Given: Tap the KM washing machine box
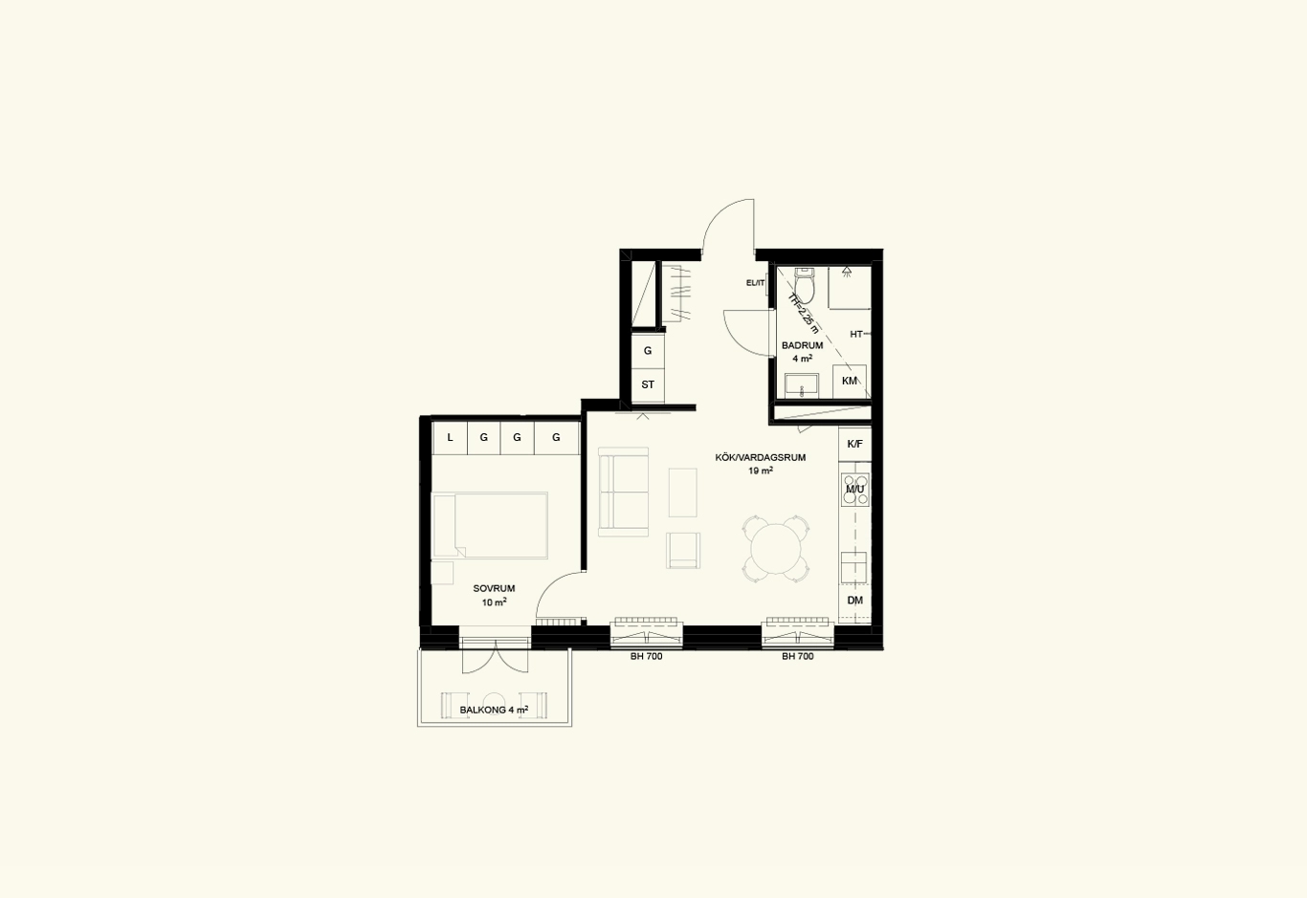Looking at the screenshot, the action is pos(850,382).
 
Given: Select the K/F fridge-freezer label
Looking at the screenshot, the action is pos(854,444).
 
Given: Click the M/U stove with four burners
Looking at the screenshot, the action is pos(854,490).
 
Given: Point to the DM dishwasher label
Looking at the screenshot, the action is pos(854,600).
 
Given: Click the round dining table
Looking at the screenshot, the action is pos(775,549).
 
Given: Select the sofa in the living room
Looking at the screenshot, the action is pos(623,492).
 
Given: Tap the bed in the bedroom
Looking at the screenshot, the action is pos(490,525).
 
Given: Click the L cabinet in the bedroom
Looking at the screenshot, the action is pos(450,437).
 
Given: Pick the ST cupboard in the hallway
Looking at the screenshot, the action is pos(648,384).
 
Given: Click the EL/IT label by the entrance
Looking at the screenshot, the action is pos(755,283).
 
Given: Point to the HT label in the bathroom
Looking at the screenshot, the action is pos(856,334).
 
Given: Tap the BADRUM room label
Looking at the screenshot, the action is pos(803,345).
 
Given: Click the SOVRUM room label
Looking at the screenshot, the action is pos(495,589).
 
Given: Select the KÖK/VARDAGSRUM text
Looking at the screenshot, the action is pos(761,458).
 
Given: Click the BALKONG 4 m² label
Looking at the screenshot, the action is pos(495,711).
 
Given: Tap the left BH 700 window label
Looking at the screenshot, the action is pos(647,657).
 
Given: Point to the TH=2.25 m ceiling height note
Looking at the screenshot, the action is pos(803,313).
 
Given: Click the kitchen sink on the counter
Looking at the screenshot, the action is pos(853,567).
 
